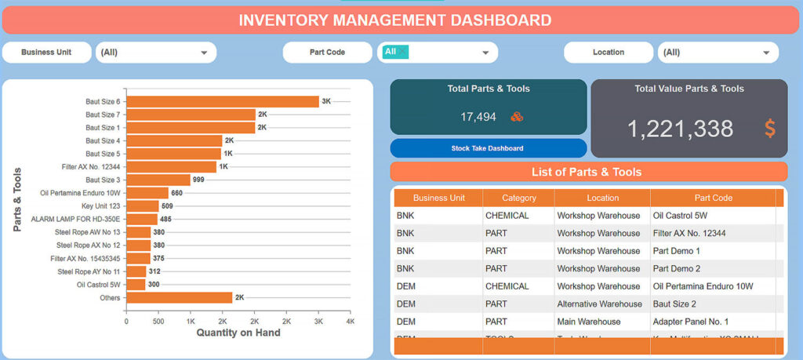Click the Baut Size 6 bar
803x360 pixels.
click(222, 101)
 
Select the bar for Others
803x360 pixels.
click(179, 297)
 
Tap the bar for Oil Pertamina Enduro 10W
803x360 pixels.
click(147, 193)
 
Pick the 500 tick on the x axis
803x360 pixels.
click(158, 322)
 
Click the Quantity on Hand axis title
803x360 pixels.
click(238, 333)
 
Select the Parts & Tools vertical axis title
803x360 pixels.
click(17, 199)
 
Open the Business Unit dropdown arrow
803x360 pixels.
click(204, 53)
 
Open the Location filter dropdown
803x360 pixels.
click(718, 53)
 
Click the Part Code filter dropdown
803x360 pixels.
click(437, 53)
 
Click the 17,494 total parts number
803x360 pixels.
click(478, 117)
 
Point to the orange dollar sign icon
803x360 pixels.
click(769, 129)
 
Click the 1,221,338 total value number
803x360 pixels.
click(680, 129)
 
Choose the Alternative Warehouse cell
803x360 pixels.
click(598, 304)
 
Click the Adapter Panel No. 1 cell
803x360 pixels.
click(690, 322)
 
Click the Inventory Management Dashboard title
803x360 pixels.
click(394, 20)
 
